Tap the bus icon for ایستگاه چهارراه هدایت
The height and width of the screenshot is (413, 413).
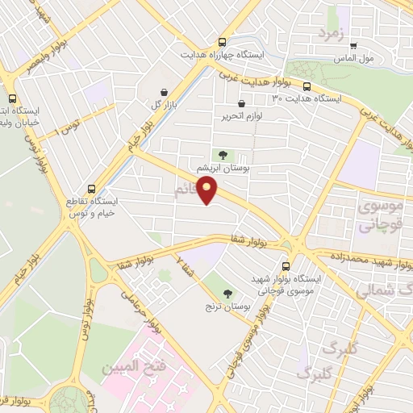pos(222,42)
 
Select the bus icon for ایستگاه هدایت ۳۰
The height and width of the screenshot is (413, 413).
pos(307,86)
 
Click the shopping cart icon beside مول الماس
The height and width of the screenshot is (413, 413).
pos(353,46)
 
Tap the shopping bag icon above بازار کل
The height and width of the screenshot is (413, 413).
pos(165,92)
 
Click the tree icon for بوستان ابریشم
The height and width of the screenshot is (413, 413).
pos(223,155)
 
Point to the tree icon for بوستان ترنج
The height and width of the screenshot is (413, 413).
pos(227,294)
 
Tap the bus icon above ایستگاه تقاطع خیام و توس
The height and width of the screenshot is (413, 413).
pos(91,189)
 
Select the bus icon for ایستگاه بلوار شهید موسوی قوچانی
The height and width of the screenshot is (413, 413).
pos(286,265)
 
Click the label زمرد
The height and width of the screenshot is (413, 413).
pos(331,34)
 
